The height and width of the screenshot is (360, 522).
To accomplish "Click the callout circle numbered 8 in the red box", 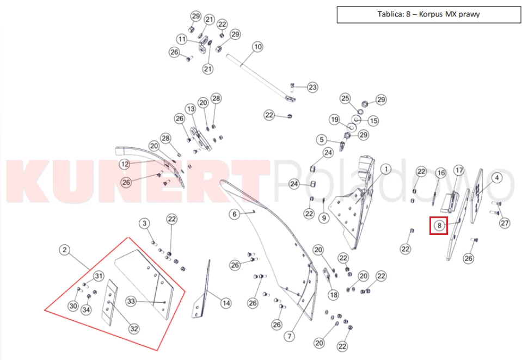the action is point(439,226).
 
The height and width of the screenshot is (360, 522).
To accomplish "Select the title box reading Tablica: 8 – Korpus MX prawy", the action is point(429,14).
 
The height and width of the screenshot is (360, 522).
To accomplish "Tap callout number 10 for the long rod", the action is point(258,47).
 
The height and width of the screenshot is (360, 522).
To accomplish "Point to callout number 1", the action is point(386,169).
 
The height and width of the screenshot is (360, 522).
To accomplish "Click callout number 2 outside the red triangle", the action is point(64,250).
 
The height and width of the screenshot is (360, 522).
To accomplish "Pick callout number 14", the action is point(226,303).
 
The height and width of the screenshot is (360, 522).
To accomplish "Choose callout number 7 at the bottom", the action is point(289,337).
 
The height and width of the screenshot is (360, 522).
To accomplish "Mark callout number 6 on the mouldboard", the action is point(235,214).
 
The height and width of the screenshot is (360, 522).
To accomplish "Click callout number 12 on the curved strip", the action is point(125,164).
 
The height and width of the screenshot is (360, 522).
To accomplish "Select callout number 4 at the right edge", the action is point(497,178).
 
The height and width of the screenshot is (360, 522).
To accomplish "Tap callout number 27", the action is point(505,223).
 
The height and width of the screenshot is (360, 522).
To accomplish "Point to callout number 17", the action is point(459,171).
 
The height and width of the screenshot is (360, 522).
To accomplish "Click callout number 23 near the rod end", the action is point(312,88).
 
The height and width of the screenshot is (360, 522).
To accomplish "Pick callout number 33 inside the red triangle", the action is point(131,301).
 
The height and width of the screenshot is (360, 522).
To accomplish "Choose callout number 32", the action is point(134,329).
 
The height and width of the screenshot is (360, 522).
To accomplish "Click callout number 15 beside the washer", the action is point(373,121).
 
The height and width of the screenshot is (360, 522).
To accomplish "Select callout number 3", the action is point(144,224).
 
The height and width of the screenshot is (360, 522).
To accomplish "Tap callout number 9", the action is point(324,218).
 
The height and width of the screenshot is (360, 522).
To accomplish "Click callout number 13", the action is point(191,109).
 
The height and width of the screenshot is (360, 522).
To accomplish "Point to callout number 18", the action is point(333,295).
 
